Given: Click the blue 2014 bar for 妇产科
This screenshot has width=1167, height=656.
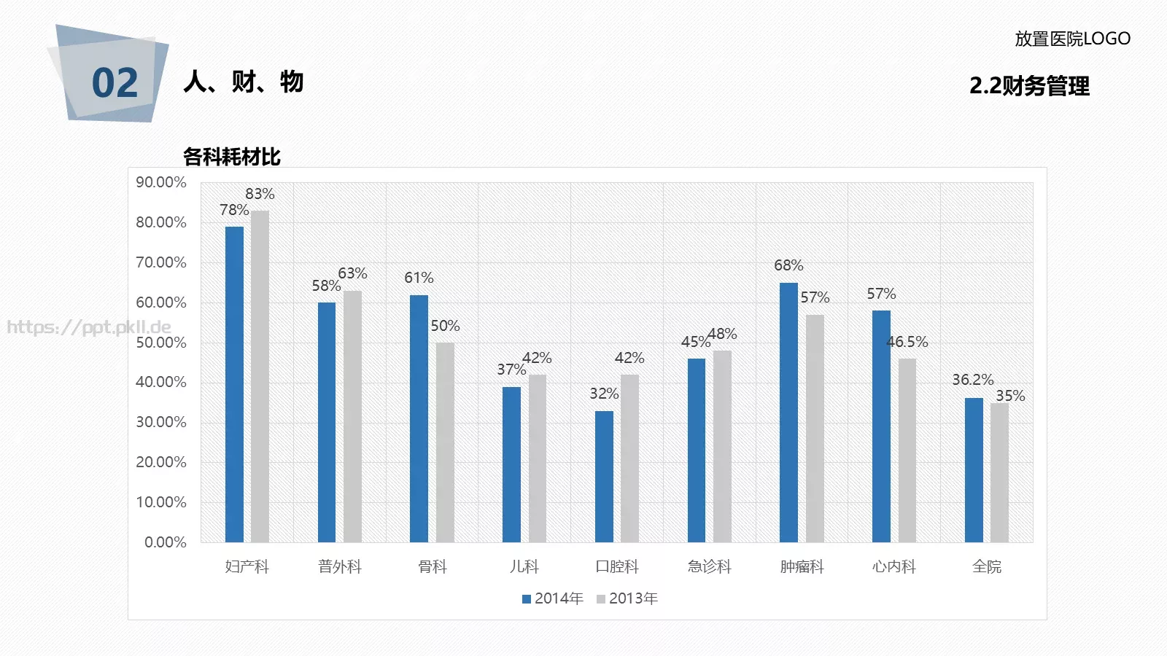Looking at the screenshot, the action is [x=234, y=384].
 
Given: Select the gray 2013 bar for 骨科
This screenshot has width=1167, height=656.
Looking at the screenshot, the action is [x=445, y=442].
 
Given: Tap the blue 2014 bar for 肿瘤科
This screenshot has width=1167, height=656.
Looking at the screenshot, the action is [x=788, y=413].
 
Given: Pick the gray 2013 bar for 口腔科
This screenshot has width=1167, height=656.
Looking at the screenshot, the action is [x=629, y=458].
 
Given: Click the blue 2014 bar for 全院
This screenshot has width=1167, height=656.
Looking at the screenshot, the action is [x=974, y=470].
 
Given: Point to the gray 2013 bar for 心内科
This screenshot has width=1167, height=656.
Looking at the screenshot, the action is [x=907, y=450].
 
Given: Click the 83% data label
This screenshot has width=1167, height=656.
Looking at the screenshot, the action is [x=260, y=194].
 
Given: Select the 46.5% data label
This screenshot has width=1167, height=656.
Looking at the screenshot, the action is [x=907, y=342].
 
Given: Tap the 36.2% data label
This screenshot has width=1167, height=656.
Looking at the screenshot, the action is [x=973, y=380].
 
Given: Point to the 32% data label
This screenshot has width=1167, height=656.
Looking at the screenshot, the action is [x=604, y=393].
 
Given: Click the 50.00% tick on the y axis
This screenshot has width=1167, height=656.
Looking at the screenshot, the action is [x=161, y=343].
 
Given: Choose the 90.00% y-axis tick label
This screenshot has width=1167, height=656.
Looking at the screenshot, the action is [x=161, y=182].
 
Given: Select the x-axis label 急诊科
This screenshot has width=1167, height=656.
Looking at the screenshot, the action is [x=709, y=566].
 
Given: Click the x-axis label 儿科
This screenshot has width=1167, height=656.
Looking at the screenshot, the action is [x=524, y=566].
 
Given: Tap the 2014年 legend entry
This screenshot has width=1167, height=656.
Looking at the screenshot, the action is [x=553, y=598].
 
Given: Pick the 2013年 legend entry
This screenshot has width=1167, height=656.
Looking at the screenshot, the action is [x=627, y=598].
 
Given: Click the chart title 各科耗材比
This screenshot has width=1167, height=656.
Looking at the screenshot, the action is [x=232, y=157].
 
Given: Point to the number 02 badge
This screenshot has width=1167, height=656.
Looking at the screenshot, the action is [x=115, y=83].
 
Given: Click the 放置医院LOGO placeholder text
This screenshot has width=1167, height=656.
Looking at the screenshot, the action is [x=1072, y=39].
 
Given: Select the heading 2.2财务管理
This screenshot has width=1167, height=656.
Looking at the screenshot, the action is [x=1029, y=86].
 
